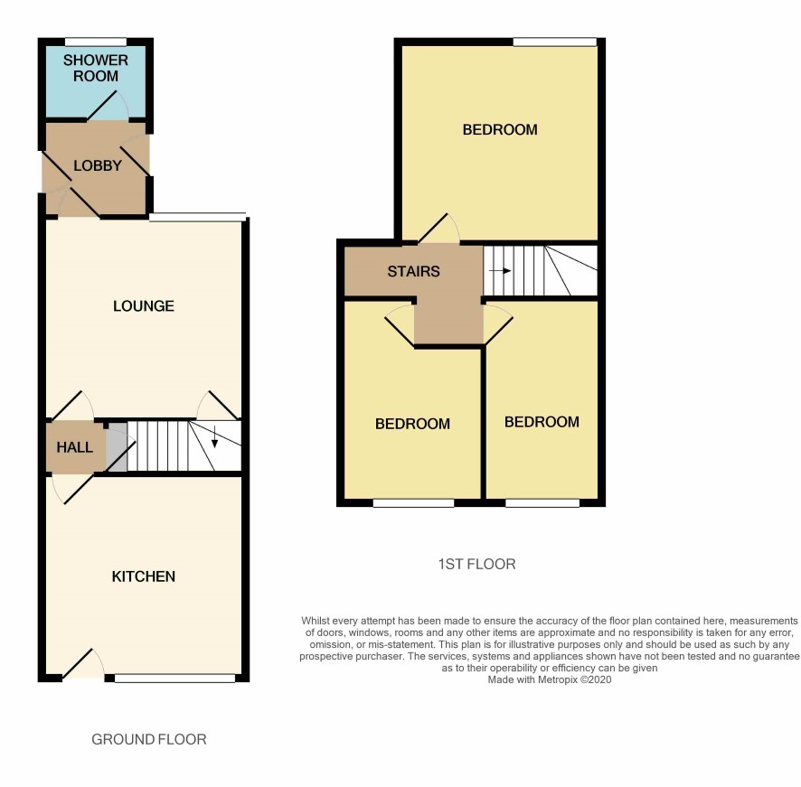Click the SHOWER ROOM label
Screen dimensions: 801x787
click(96, 68)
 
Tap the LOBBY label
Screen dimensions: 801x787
click(98, 165)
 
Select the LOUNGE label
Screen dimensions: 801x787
click(144, 306)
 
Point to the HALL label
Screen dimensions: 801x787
click(74, 447)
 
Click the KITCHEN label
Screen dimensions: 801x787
click(144, 576)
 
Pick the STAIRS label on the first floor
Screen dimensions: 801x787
click(413, 271)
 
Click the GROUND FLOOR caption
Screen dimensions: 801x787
click(149, 739)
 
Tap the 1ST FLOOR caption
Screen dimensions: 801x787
click(477, 564)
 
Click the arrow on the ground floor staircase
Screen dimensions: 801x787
click(214, 436)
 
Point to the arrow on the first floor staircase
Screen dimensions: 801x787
click(500, 271)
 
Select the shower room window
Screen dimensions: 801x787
click(96, 42)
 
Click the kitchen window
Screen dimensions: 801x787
click(175, 678)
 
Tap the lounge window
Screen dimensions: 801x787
click(198, 217)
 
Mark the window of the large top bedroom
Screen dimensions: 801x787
click(555, 42)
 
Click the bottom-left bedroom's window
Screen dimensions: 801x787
click(414, 503)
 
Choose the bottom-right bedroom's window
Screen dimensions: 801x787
click(542, 503)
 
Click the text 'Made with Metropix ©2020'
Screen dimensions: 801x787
click(550, 679)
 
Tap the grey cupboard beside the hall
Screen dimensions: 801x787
click(117, 447)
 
